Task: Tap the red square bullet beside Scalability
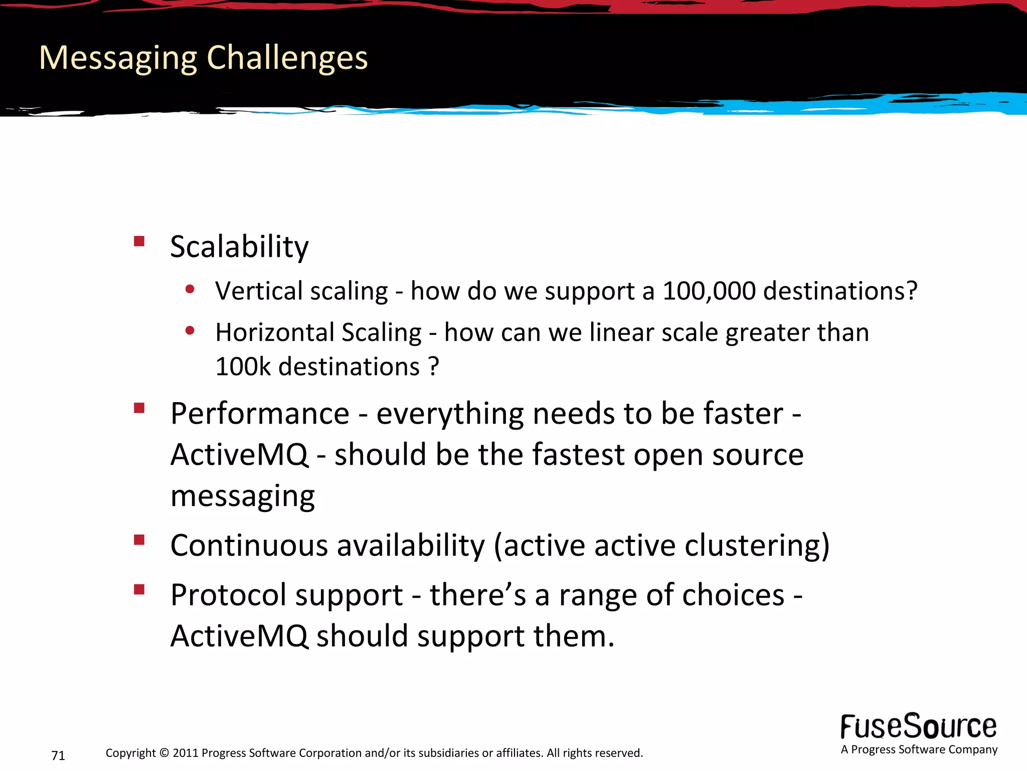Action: tap(139, 241)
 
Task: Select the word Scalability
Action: tap(239, 247)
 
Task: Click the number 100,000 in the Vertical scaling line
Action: tap(709, 291)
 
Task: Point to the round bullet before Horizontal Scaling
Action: tap(190, 331)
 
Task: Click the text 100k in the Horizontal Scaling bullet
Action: tap(243, 367)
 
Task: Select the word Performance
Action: tap(260, 414)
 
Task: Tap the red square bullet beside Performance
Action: tap(139, 408)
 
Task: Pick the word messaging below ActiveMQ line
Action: tap(243, 497)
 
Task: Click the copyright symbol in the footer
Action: tap(164, 753)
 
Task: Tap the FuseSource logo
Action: tap(918, 726)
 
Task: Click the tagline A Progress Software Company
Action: tap(919, 749)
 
